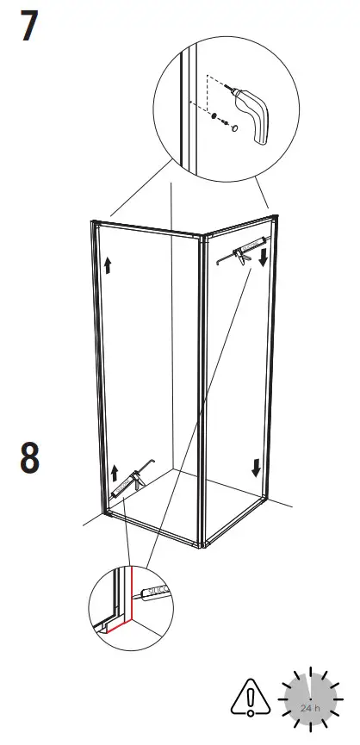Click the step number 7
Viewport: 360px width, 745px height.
[x=28, y=27]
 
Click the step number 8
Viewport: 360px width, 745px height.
[x=29, y=457]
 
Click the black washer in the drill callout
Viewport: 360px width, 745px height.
[x=214, y=116]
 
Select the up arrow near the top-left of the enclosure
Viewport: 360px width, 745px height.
[x=108, y=264]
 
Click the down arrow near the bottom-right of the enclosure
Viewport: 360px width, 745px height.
[x=256, y=468]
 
